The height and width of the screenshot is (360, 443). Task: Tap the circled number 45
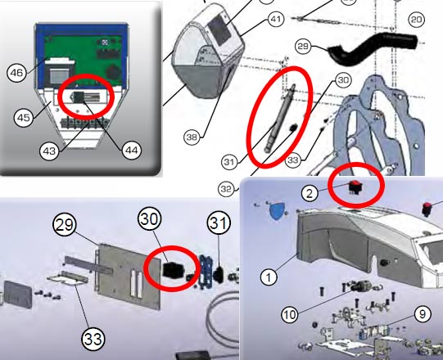click(24, 118)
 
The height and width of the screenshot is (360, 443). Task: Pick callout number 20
click(417, 19)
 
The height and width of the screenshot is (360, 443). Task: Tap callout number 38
click(191, 138)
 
